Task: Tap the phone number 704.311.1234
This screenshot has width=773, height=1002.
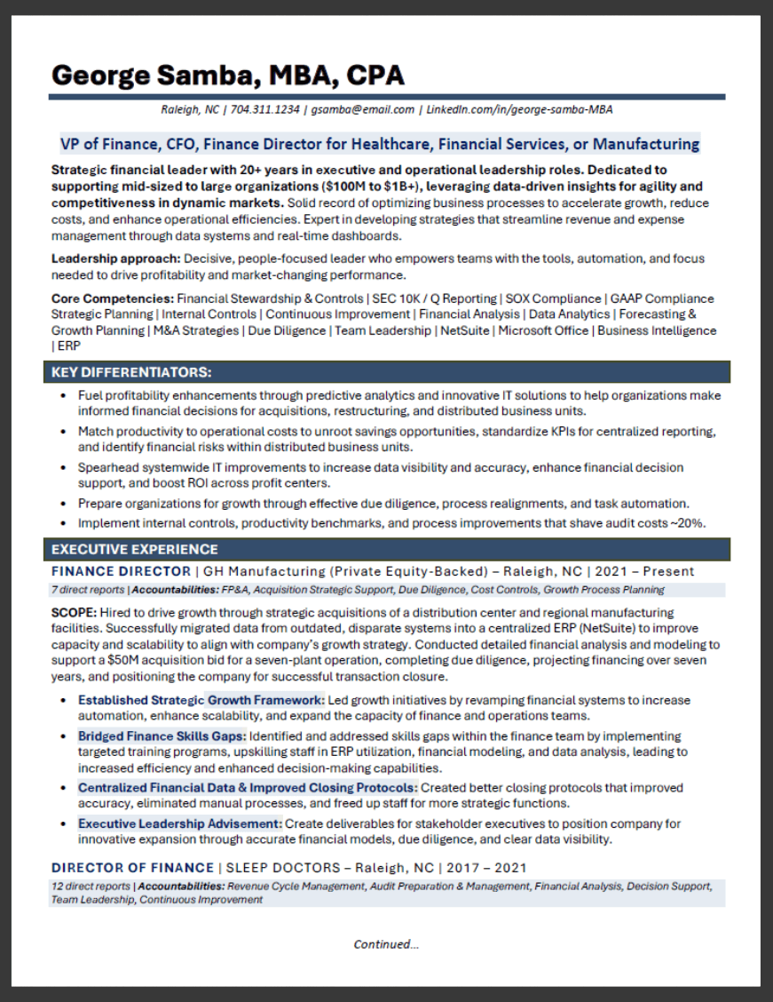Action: (x=264, y=110)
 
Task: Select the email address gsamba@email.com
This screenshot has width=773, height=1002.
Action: (x=362, y=110)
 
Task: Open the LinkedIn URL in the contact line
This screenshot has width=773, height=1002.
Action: (x=519, y=110)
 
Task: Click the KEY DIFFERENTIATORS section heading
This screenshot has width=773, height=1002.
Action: (x=131, y=371)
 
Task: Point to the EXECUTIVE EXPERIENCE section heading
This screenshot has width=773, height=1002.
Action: (x=134, y=549)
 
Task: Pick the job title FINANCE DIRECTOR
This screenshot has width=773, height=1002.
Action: (x=121, y=571)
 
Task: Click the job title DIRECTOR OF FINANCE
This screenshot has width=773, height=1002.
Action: (x=132, y=867)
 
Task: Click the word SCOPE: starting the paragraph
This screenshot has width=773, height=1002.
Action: (x=74, y=613)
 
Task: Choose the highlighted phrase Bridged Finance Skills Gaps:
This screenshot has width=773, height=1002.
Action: (x=162, y=736)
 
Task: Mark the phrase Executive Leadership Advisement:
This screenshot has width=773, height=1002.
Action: (x=180, y=823)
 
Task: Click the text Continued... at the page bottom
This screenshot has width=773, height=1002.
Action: (x=386, y=944)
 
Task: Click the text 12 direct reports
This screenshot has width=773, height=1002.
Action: (x=91, y=886)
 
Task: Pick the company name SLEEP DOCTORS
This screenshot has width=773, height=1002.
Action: (x=282, y=867)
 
